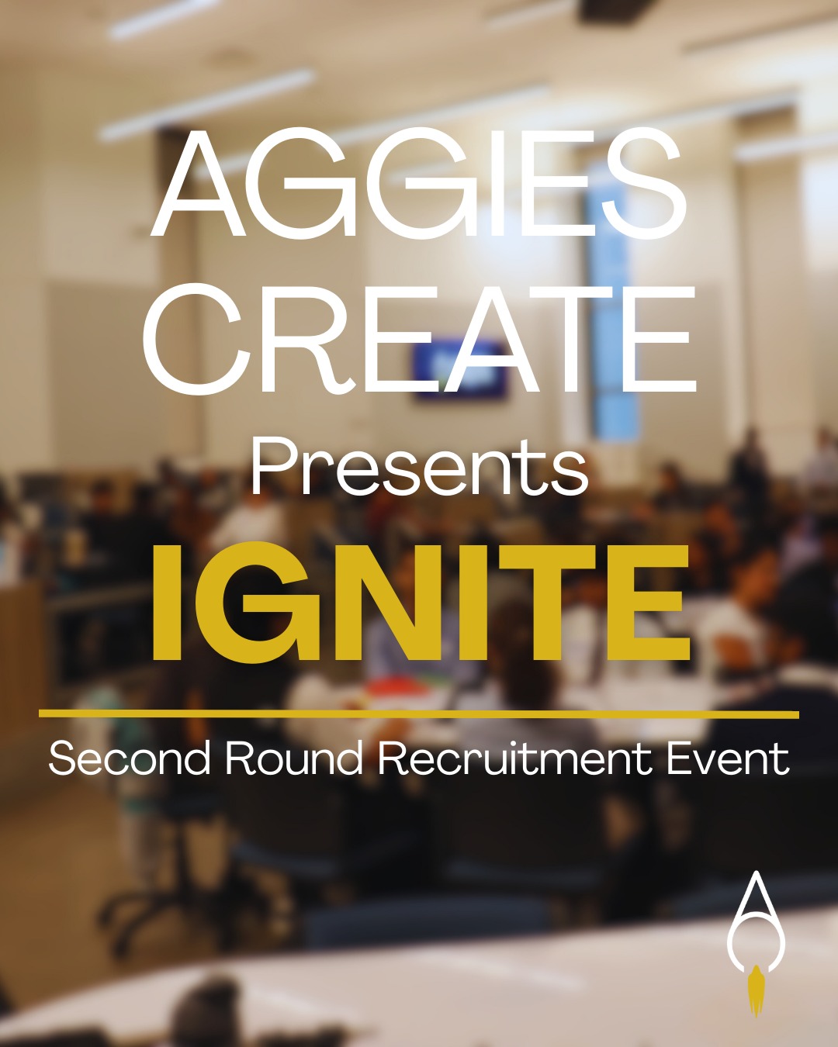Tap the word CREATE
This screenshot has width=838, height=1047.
tap(419, 340)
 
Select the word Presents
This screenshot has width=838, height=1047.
tap(419, 468)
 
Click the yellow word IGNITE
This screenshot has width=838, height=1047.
tap(419, 603)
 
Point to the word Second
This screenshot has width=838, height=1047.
tap(130, 758)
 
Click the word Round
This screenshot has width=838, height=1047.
tap(293, 758)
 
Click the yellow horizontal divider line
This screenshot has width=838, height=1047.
tap(419, 714)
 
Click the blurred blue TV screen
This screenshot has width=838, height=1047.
tap(459, 370)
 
